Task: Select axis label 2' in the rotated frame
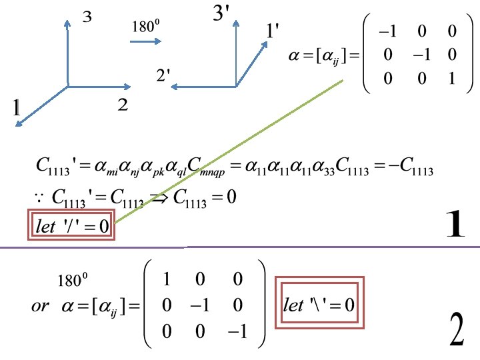coord(164,77)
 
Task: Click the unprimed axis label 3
coord(86,19)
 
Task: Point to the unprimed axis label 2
coord(123,105)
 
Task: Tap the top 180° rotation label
coord(146,27)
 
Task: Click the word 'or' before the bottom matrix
coord(40,306)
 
